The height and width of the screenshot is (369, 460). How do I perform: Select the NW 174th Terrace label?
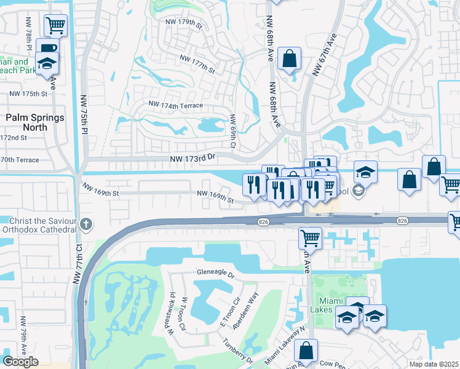tap(175, 106)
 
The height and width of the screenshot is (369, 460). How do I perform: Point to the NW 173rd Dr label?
tap(194, 159)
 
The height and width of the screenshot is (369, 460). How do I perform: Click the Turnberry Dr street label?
tap(237, 350)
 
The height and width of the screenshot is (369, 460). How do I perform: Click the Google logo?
tap(20, 362)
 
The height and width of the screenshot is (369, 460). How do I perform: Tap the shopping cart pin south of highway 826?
tap(310, 237)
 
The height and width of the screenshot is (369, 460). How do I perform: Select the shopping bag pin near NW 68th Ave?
tap(289, 59)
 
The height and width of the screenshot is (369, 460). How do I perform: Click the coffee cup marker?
tap(47, 49)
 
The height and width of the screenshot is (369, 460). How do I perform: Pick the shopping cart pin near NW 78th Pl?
tap(55, 25)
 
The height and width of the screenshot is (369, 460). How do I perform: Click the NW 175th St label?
tap(28, 94)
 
